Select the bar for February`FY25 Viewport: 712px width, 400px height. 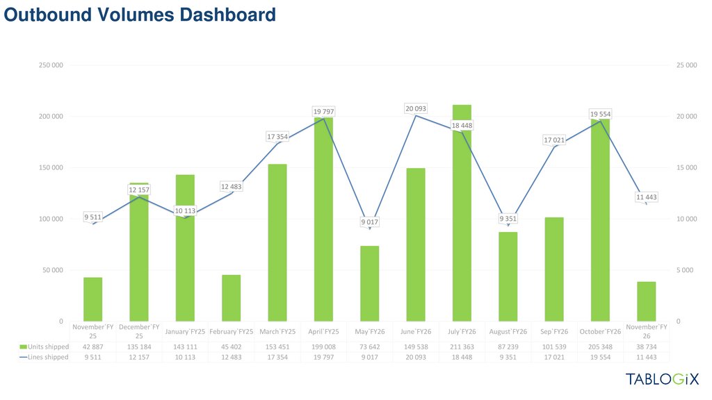(x=231, y=298)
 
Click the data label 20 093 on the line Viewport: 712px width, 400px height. (x=416, y=108)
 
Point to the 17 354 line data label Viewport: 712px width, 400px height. (x=277, y=137)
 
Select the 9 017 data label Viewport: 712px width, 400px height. (x=369, y=222)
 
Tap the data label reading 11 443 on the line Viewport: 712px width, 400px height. (x=647, y=197)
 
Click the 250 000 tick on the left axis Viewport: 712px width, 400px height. (x=51, y=65)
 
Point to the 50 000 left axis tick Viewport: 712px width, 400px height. (x=53, y=270)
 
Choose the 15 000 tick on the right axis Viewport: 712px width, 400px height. (x=686, y=167)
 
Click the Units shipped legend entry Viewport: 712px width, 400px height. (x=44, y=347)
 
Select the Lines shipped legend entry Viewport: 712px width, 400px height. (x=44, y=357)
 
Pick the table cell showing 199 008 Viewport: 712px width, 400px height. (x=323, y=347)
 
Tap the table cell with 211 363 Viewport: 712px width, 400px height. (x=462, y=347)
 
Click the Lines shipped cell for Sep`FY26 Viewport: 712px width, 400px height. (x=554, y=357)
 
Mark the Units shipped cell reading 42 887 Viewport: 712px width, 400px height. (x=93, y=347)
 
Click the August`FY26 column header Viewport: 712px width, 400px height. (x=508, y=331)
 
